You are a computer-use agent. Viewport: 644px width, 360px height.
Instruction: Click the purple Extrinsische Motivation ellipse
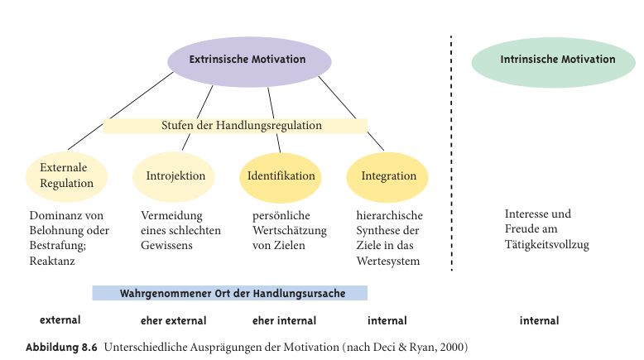click(x=249, y=61)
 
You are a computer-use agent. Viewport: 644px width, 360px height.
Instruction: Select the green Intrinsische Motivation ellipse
click(x=553, y=62)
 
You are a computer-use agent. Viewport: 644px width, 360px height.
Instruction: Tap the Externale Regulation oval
click(x=66, y=176)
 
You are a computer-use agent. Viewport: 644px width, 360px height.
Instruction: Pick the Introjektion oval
click(x=174, y=176)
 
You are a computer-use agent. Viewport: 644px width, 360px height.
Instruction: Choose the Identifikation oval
click(x=281, y=177)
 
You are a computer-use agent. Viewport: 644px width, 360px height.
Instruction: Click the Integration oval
click(x=387, y=177)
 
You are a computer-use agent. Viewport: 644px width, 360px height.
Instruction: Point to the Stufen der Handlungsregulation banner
click(x=235, y=126)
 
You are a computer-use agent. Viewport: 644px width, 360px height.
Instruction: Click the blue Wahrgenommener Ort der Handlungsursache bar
click(x=229, y=293)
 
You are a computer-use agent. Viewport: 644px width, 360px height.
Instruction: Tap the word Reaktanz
click(x=52, y=261)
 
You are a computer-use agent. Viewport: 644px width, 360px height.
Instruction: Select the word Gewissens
click(x=166, y=246)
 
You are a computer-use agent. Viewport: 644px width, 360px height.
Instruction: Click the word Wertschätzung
click(x=290, y=231)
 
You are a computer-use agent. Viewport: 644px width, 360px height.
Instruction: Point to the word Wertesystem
click(x=388, y=262)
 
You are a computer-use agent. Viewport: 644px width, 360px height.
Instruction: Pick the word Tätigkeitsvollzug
click(x=546, y=245)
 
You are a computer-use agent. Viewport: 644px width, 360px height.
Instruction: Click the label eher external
click(x=173, y=320)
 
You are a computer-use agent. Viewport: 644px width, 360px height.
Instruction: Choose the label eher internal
click(x=284, y=320)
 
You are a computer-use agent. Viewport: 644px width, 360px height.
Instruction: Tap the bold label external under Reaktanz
click(x=60, y=319)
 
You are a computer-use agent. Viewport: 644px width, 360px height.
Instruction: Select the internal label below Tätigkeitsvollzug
click(x=539, y=320)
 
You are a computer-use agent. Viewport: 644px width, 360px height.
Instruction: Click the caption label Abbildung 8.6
click(x=61, y=348)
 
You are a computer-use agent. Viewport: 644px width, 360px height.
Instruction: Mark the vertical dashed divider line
click(x=451, y=153)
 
